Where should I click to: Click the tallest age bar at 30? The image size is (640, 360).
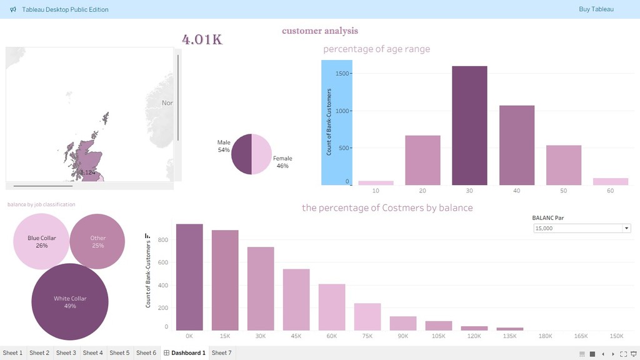(469, 125)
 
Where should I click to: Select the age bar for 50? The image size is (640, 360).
(564, 165)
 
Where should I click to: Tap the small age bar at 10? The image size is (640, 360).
(376, 182)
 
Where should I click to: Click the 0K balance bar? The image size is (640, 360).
(189, 277)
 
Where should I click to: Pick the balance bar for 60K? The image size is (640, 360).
(332, 307)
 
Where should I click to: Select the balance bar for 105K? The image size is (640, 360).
(439, 326)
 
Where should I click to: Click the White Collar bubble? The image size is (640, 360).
(70, 302)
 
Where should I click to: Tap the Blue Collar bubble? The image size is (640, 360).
(41, 241)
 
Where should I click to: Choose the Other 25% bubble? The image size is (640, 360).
(97, 241)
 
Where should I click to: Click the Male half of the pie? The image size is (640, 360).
(241, 154)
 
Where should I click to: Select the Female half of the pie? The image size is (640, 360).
(262, 154)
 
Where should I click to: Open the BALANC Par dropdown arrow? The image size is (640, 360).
(626, 228)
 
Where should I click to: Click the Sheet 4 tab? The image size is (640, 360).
(92, 353)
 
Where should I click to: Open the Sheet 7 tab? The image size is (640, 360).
(221, 353)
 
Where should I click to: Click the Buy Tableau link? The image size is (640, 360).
(596, 9)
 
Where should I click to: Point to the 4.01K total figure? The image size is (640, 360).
(202, 39)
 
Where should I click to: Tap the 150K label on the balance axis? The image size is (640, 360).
(616, 336)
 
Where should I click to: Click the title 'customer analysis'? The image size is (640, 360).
(320, 31)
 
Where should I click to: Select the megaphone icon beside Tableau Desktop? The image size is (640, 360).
(13, 9)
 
